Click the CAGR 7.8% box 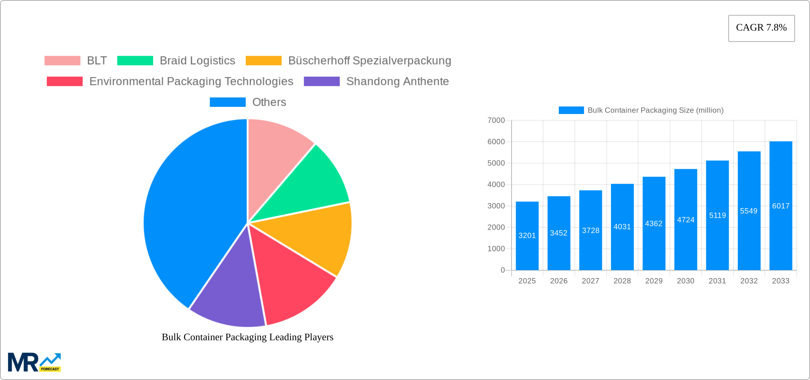tap(761, 28)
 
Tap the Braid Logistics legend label tap(197, 61)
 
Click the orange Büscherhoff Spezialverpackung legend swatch tap(264, 61)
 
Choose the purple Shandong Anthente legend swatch tap(322, 81)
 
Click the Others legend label tap(269, 102)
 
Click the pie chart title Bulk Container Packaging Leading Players tap(248, 337)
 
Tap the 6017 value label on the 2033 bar tap(781, 206)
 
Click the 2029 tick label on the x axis tap(654, 281)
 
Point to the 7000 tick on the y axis tap(496, 120)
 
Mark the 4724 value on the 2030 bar tap(686, 220)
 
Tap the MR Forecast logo tap(34, 362)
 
